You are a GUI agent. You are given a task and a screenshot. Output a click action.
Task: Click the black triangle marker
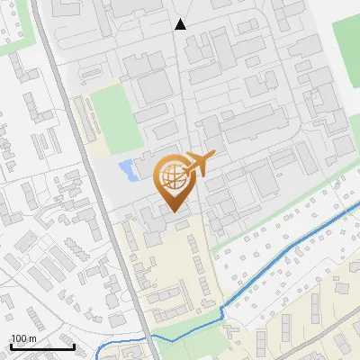[180, 24]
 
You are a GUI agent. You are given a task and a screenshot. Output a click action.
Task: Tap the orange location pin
[172, 181]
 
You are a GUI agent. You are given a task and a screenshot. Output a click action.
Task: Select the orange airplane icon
[200, 166]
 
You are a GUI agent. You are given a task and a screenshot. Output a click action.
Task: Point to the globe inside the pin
[171, 175]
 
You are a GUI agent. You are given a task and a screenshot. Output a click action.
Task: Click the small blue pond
[128, 168]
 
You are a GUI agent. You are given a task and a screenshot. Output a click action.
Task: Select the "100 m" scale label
[23, 337]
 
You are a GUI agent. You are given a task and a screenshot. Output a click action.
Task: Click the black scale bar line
[41, 346]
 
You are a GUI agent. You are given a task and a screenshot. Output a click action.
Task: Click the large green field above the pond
[117, 117]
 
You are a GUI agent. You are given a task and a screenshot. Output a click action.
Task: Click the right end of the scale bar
[74, 346]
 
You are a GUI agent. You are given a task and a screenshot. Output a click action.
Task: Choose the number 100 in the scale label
[19, 337]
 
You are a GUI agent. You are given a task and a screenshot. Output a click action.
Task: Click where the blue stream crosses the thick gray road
[146, 337]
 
